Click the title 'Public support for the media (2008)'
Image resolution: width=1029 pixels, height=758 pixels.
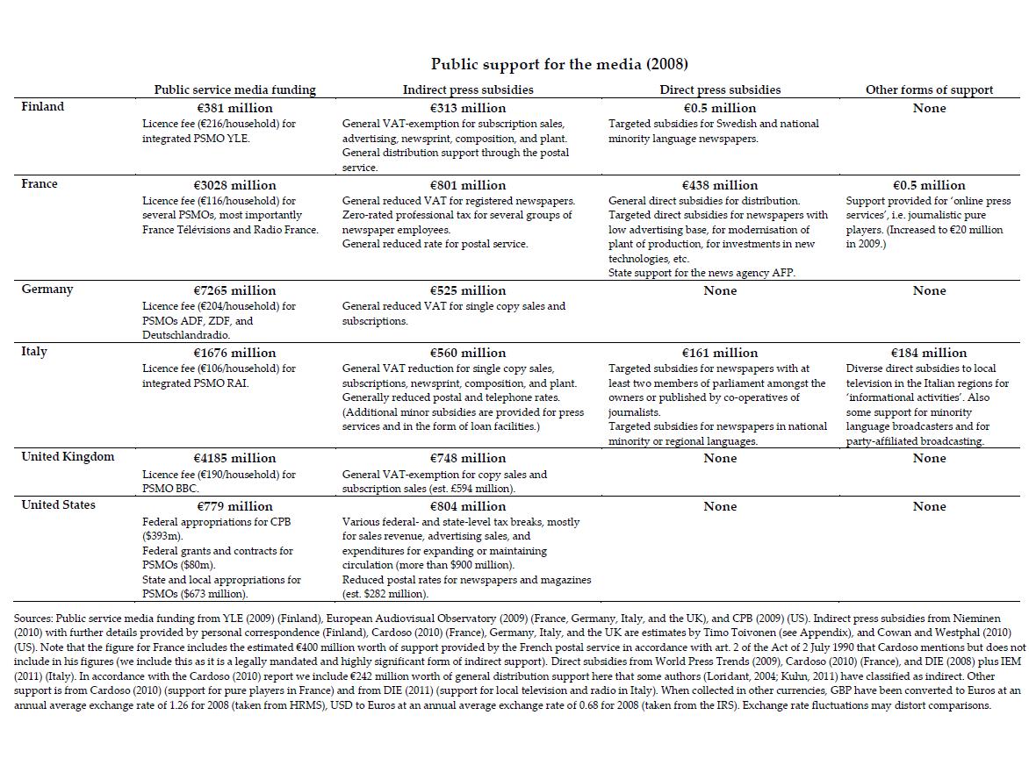[559, 64]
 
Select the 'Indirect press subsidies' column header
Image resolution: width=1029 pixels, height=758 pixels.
[468, 89]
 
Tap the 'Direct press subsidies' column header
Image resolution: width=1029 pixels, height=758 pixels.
[720, 89]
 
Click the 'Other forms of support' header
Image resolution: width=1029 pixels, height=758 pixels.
[929, 89]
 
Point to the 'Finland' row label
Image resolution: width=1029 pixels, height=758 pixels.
[43, 107]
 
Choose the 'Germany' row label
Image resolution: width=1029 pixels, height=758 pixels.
[47, 290]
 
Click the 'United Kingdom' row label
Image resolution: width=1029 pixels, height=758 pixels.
[68, 457]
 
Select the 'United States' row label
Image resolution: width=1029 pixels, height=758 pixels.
[58, 505]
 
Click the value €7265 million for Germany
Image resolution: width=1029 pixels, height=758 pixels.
[234, 290]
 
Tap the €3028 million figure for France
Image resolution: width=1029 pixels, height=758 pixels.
[234, 185]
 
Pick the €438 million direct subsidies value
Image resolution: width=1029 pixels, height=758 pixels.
[720, 185]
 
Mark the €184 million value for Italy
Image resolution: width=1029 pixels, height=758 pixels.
[929, 353]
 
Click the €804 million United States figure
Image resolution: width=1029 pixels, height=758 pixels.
[468, 506]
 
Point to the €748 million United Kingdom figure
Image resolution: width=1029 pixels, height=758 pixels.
[468, 458]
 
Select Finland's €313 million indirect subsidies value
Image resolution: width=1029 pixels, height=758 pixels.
[468, 108]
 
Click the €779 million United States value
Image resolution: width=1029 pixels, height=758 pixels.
[234, 506]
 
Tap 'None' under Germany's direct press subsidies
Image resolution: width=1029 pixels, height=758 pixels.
[720, 290]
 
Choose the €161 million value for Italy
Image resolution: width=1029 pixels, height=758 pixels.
[720, 353]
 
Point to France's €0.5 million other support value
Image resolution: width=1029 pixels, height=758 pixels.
[929, 185]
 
